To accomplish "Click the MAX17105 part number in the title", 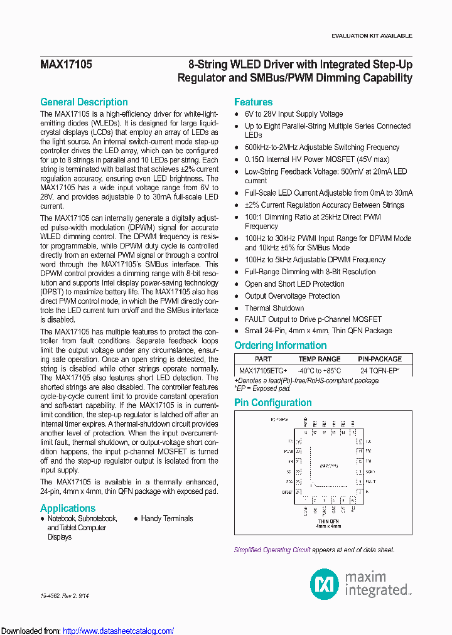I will point(66,65).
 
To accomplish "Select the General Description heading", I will point(84,102).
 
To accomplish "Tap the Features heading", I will point(254,102).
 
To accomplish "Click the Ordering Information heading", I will point(281,345).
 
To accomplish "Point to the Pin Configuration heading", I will point(273,402).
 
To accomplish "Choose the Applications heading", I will point(68,508).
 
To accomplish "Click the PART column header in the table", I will point(264,359).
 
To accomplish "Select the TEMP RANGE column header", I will point(320,359).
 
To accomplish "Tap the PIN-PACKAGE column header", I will point(380,359).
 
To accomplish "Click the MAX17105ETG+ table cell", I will point(263,371).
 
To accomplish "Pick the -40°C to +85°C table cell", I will point(320,371).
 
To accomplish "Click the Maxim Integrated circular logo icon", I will point(325,584).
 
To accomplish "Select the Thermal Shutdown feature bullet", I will point(274,307).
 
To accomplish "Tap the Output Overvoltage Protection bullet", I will point(292,296).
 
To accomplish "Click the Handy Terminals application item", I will point(167,518).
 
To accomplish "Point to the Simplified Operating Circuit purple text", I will point(272,550).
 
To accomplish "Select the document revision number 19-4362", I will point(50,595).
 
